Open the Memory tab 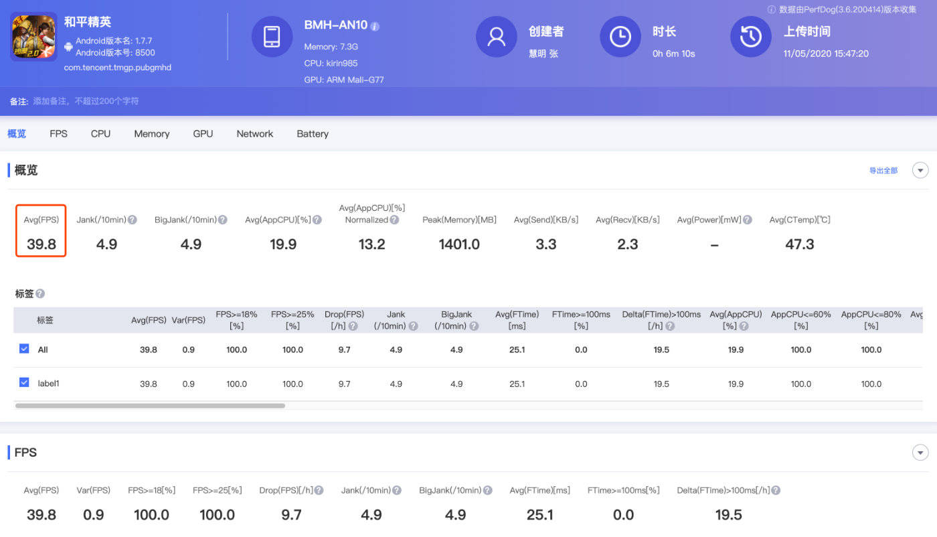pyautogui.click(x=151, y=134)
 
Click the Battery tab pyautogui.click(x=313, y=134)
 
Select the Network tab pyautogui.click(x=255, y=134)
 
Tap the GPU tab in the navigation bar pyautogui.click(x=203, y=134)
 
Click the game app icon pyautogui.click(x=33, y=36)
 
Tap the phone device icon pyautogui.click(x=272, y=36)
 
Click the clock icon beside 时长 pyautogui.click(x=620, y=36)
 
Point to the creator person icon pyautogui.click(x=497, y=36)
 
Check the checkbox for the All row pyautogui.click(x=24, y=349)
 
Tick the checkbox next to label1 pyautogui.click(x=24, y=382)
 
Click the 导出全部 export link pyautogui.click(x=883, y=170)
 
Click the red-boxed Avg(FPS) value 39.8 pyautogui.click(x=41, y=244)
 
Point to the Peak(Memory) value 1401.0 pyautogui.click(x=459, y=244)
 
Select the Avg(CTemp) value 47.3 pyautogui.click(x=799, y=244)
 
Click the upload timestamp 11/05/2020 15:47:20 pyautogui.click(x=826, y=54)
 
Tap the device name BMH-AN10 pyautogui.click(x=335, y=25)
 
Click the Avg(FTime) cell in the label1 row pyautogui.click(x=517, y=384)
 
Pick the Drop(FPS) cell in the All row pyautogui.click(x=344, y=350)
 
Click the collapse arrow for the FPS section pyautogui.click(x=920, y=453)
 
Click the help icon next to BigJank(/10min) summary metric pyautogui.click(x=222, y=220)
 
